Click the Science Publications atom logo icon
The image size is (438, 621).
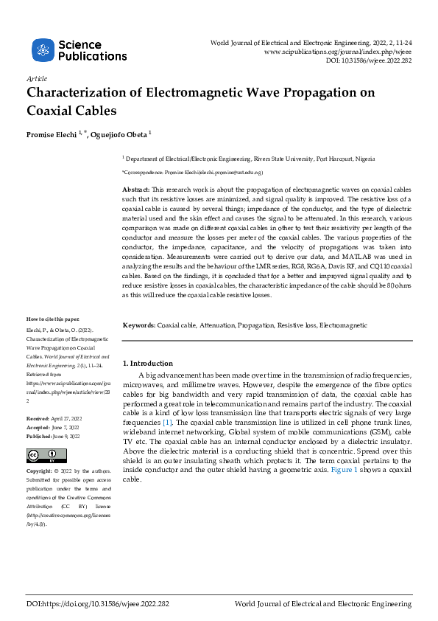coord(43,50)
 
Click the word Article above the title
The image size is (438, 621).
coord(36,78)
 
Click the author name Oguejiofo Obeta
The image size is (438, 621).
coord(121,134)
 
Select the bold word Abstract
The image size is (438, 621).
coord(136,190)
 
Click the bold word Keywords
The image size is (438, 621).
coord(139,325)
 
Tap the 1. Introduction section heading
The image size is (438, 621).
coord(148,364)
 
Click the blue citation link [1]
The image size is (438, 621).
coord(168,423)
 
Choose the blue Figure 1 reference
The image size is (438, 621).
coord(345,470)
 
